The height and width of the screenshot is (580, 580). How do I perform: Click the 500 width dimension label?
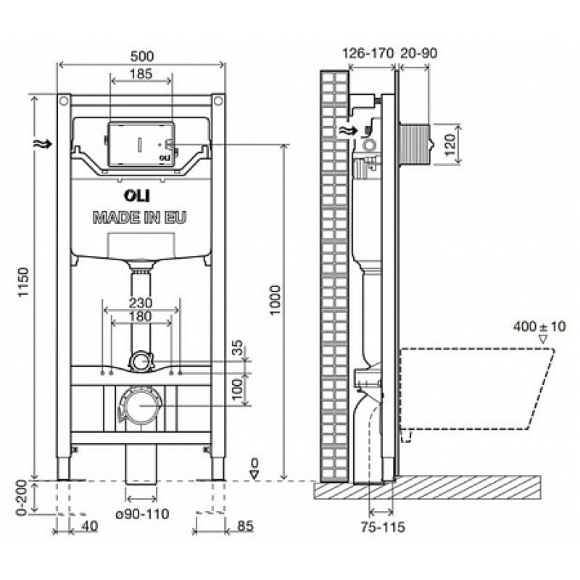tap(142, 57)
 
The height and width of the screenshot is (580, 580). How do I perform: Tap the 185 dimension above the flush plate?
tap(141, 74)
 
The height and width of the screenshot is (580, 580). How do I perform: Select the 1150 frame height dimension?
tap(24, 282)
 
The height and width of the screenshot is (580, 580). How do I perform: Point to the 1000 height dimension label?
tap(275, 299)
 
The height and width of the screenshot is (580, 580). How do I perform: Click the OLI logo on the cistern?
tap(137, 196)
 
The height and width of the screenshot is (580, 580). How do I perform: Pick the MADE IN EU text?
tap(139, 217)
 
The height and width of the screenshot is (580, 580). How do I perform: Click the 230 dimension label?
tap(141, 303)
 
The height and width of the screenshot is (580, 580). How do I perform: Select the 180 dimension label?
tap(141, 316)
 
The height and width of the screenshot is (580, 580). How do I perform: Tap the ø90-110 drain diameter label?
tap(142, 513)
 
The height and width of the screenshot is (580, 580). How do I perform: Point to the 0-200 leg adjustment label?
tap(22, 497)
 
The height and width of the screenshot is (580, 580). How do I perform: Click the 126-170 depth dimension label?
tap(368, 53)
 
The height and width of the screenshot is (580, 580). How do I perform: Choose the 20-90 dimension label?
tap(418, 53)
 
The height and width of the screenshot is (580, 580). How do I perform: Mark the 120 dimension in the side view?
tap(449, 144)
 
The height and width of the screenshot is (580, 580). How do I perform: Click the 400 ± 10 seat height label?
tap(539, 326)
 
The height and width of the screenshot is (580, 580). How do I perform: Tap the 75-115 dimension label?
tap(383, 527)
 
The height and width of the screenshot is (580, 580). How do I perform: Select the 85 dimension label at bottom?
tap(245, 526)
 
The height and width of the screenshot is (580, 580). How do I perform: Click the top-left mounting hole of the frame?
tap(64, 100)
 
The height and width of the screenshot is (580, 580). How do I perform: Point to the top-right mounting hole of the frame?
tap(219, 100)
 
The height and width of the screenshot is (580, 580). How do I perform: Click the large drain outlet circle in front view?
tap(141, 405)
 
